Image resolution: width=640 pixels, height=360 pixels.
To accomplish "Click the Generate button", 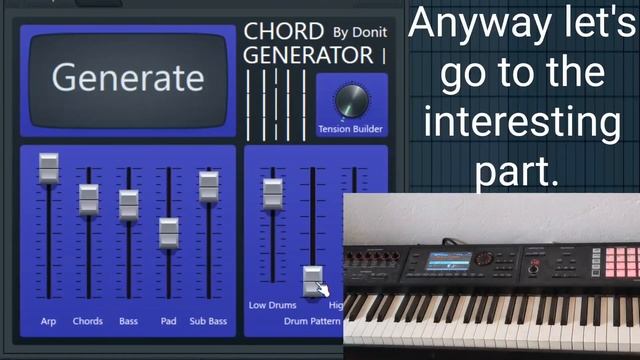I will tap(127, 78).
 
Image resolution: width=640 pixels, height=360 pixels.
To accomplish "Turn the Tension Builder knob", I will tap(350, 99).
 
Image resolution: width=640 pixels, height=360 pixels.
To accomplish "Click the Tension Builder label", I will tap(350, 129).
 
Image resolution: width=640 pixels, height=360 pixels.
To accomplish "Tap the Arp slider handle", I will tap(48, 168).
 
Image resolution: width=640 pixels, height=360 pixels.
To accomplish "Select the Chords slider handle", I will tap(89, 199).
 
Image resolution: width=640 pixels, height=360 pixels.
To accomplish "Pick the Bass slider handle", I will tap(128, 204).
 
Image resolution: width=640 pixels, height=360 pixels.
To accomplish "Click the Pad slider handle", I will tap(168, 232).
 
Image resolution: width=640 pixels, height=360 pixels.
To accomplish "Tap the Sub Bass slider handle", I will tap(208, 186).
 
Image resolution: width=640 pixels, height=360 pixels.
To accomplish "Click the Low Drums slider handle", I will tap(272, 192).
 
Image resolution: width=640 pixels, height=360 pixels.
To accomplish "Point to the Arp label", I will tap(48, 322).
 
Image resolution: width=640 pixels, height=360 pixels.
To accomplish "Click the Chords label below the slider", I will tap(88, 322).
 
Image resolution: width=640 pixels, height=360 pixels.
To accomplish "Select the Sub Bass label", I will tap(208, 322).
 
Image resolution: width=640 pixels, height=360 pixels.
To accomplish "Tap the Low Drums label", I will tap(273, 304).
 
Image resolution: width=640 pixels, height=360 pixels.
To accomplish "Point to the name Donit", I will tap(371, 32).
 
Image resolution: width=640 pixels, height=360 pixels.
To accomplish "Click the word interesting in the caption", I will tap(520, 123).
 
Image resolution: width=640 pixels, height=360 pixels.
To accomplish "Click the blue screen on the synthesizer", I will tap(449, 261).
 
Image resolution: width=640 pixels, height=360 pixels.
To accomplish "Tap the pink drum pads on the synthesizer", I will tap(621, 261).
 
